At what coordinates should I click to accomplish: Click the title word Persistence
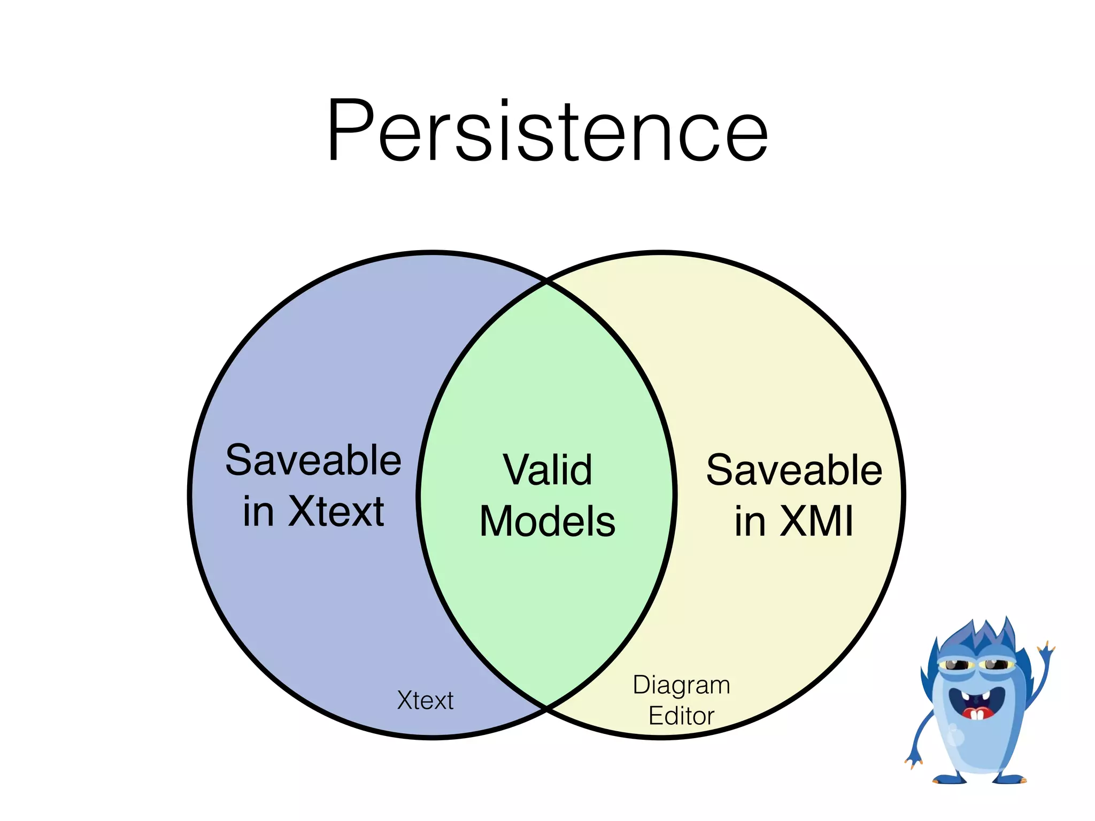pyautogui.click(x=547, y=131)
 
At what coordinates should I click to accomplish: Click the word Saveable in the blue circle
pyautogui.click(x=313, y=461)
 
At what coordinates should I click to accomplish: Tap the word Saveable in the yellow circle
pyautogui.click(x=794, y=470)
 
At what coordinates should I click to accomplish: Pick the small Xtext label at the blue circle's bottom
pyautogui.click(x=425, y=700)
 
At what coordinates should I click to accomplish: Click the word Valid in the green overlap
pyautogui.click(x=547, y=470)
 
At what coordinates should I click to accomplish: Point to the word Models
pyautogui.click(x=547, y=522)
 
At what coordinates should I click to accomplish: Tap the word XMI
pyautogui.click(x=816, y=522)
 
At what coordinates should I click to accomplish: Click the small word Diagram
pyautogui.click(x=681, y=685)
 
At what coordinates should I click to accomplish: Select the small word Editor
pyautogui.click(x=681, y=716)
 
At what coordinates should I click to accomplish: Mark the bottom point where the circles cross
pyautogui.click(x=547, y=708)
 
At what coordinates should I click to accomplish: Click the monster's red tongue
pyautogui.click(x=977, y=714)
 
